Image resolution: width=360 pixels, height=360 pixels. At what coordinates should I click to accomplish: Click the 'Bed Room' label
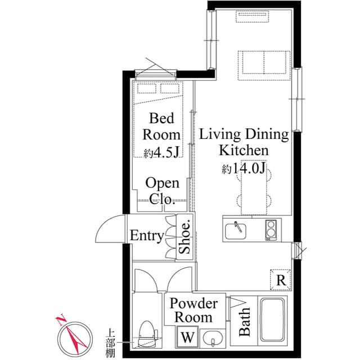161,127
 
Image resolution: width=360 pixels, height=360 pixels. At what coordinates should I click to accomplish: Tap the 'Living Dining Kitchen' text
244,142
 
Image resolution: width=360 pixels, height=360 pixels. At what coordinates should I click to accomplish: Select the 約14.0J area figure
243,169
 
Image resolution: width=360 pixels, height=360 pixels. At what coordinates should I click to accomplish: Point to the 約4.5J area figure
161,152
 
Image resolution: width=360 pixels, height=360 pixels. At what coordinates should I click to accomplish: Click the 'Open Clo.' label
163,191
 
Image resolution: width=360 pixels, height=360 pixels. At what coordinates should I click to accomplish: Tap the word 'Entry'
147,236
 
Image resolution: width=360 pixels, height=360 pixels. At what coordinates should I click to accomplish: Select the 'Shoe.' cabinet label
185,237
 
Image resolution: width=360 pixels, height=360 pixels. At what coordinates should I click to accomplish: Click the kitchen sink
238,230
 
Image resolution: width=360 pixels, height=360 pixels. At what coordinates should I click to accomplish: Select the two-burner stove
272,229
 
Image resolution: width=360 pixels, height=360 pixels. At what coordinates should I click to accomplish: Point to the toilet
146,334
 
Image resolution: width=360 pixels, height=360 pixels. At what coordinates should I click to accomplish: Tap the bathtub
272,322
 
